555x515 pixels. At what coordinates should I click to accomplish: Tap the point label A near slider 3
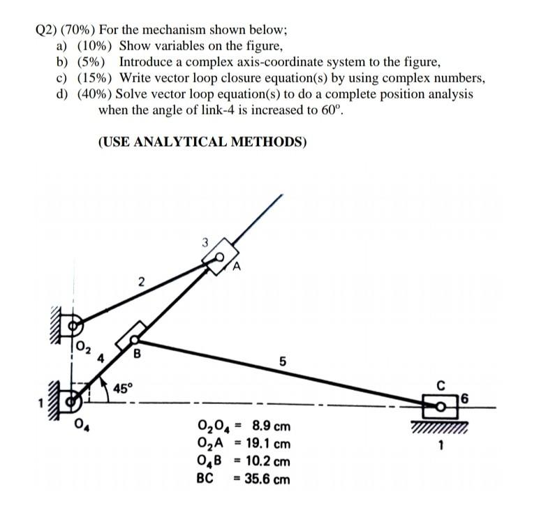[x=237, y=265]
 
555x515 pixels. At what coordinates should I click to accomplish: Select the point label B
[x=138, y=353]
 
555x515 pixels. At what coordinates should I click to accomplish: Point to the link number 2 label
[x=141, y=282]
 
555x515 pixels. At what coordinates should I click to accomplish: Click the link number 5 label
[x=282, y=361]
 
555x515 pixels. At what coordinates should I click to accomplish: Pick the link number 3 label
[x=205, y=243]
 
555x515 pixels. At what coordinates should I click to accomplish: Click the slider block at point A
[x=220, y=255]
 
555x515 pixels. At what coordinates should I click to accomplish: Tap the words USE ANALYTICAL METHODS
[x=202, y=142]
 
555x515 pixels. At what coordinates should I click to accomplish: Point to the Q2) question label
[x=45, y=30]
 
